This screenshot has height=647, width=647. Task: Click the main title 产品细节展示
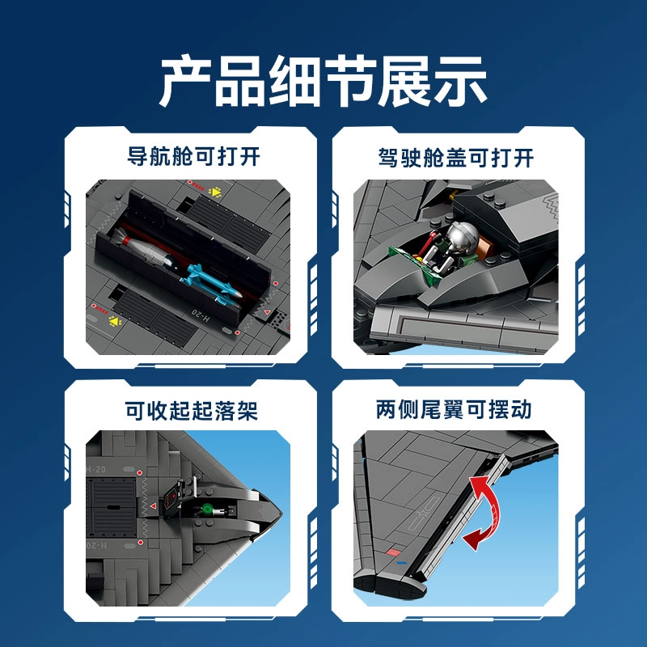pos(323,82)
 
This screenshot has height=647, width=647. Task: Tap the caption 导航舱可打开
pos(193,156)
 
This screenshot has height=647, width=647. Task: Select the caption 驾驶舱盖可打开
pos(456,158)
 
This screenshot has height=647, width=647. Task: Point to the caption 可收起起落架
pos(192,411)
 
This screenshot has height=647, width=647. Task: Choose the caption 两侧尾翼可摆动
pos(454,410)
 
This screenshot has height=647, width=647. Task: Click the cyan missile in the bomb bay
pos(210,284)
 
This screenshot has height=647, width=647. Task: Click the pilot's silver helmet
pos(463,238)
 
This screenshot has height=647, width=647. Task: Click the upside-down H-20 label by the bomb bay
pos(201,315)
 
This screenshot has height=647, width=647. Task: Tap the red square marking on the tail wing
pos(393,552)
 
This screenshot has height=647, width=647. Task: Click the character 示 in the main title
pos(461,82)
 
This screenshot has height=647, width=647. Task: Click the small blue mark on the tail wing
pos(401,563)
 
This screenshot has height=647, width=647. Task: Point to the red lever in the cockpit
pos(426,244)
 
